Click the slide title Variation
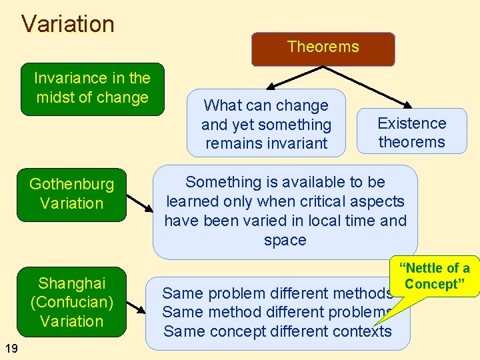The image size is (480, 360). [68, 24]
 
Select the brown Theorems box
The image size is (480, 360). [323, 49]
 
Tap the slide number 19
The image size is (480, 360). [11, 347]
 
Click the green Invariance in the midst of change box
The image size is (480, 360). [92, 89]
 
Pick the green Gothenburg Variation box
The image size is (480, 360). [71, 194]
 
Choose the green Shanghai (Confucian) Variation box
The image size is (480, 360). [71, 302]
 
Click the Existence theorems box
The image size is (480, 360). [411, 132]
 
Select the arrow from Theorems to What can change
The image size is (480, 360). [281, 79]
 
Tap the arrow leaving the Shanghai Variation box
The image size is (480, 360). [136, 308]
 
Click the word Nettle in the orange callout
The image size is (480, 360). [425, 269]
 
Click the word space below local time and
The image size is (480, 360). [285, 240]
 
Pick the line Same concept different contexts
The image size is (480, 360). [277, 331]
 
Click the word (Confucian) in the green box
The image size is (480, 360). [71, 302]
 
